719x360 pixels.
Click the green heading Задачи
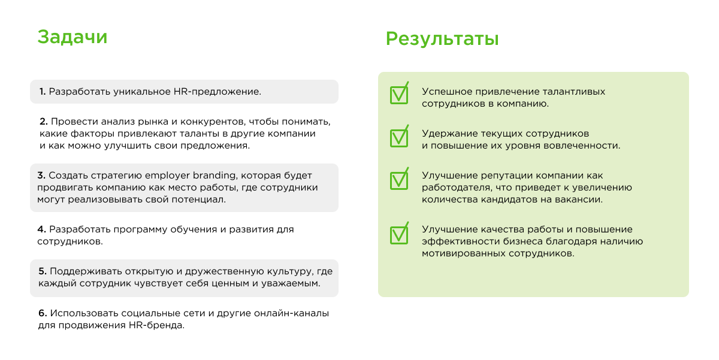click(72, 37)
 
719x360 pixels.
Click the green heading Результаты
click(442, 40)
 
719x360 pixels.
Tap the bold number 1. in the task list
click(43, 92)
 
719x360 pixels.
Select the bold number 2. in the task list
click(44, 122)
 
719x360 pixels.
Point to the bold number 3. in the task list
click(41, 176)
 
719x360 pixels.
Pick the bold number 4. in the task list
click(42, 229)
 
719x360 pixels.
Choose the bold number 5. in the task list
click(43, 271)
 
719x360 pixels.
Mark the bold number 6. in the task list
click(43, 313)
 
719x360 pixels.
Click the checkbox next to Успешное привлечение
click(399, 93)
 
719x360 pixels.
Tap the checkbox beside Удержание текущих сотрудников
click(399, 137)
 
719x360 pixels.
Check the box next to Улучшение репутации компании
click(399, 179)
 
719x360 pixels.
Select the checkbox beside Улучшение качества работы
click(399, 234)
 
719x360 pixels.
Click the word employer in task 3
click(167, 176)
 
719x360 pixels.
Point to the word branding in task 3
click(215, 176)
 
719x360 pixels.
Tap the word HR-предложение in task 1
click(217, 92)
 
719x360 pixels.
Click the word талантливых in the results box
click(573, 92)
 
